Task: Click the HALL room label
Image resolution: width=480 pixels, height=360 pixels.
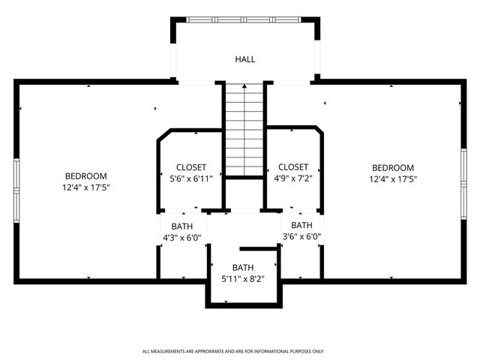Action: (x=245, y=58)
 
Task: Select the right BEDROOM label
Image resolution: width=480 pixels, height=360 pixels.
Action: (x=392, y=167)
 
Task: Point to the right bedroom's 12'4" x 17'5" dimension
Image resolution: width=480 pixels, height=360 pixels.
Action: (x=392, y=179)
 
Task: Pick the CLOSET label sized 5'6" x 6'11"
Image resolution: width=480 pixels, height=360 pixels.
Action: (x=190, y=167)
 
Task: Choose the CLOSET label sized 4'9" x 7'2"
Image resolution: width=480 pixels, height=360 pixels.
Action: (x=292, y=166)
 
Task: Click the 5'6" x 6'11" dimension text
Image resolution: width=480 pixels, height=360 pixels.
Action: (x=190, y=179)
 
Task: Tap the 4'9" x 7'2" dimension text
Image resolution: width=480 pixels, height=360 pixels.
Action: (x=292, y=178)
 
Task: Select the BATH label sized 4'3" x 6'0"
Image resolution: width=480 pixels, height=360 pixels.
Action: (x=182, y=226)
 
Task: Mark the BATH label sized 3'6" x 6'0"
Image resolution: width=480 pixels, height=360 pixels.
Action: (x=301, y=225)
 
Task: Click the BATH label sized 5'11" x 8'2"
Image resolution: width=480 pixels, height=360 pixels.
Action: (x=242, y=267)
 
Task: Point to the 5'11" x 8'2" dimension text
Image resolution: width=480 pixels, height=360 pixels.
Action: (x=242, y=279)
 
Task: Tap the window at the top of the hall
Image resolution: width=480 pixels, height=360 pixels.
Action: (x=245, y=19)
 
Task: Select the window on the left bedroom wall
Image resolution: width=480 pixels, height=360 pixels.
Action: (x=16, y=187)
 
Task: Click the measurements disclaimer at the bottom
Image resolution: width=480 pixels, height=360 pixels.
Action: (x=233, y=351)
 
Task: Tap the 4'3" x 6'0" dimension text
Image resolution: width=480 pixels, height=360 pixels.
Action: (x=182, y=238)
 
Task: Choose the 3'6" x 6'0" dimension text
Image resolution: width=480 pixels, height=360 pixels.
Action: (x=301, y=237)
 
